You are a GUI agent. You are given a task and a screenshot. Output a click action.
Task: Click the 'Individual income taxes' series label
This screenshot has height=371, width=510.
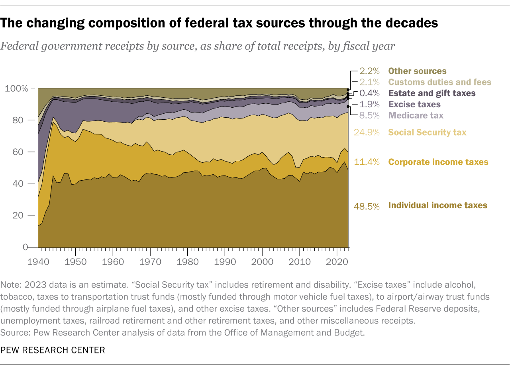tap(437, 205)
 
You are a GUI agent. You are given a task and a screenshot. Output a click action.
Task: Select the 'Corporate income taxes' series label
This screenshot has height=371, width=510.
tap(438, 162)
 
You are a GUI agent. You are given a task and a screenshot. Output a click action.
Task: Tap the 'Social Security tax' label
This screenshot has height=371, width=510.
tap(427, 132)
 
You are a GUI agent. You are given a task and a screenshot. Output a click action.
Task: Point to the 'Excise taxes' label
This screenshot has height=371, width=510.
tap(414, 105)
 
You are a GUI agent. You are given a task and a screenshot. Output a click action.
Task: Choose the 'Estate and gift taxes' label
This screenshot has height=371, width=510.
tap(432, 93)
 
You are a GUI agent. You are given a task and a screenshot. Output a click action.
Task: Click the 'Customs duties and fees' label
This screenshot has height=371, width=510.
tap(439, 82)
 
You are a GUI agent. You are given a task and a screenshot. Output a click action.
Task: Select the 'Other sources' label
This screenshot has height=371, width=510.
tap(417, 71)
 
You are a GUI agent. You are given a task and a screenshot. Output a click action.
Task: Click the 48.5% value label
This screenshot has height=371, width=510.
tap(367, 206)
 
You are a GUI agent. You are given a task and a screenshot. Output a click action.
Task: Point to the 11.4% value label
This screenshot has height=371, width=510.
tap(367, 162)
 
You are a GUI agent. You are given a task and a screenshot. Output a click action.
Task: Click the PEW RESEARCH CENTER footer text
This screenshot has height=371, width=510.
tap(53, 350)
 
